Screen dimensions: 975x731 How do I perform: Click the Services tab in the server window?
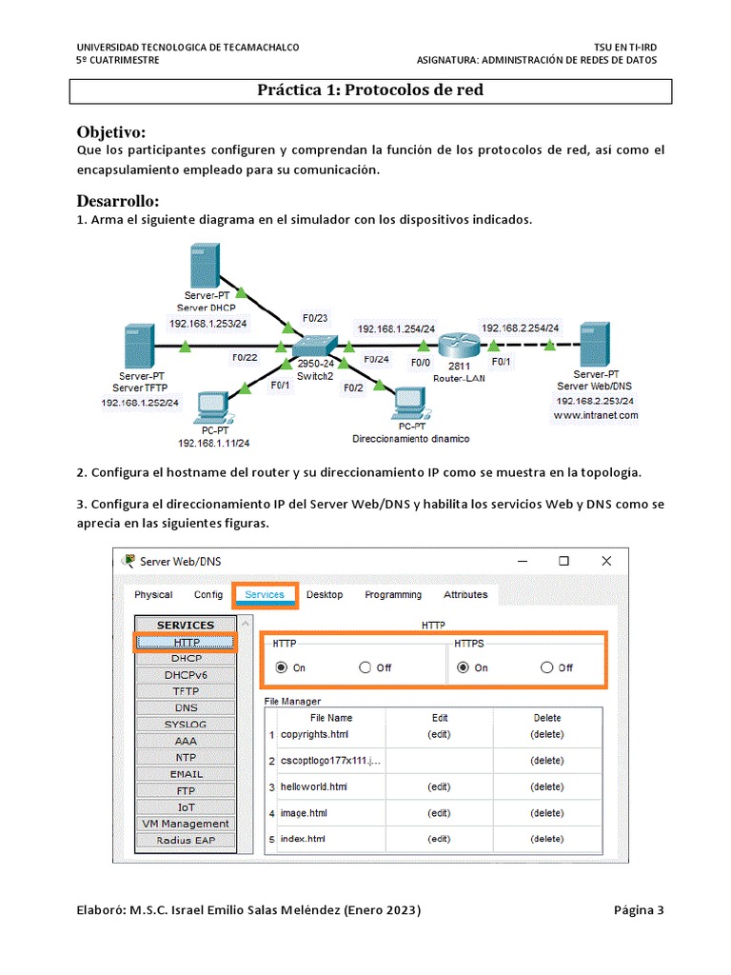coord(265,595)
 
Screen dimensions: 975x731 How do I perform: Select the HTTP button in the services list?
coord(187,643)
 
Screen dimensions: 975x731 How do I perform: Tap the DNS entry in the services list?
coord(187,707)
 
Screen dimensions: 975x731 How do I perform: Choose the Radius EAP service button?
coord(187,840)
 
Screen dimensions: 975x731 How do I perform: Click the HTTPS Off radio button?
coord(546,667)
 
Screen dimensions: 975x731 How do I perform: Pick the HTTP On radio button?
coord(281,667)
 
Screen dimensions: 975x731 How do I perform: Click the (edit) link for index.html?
coord(439,839)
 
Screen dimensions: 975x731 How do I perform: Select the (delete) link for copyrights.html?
coord(546,734)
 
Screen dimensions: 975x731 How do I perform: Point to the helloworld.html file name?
coord(313,787)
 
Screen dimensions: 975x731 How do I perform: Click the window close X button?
coord(606,561)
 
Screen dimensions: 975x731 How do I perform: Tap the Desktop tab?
coord(325,595)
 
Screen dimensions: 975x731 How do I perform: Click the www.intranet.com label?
coord(595,415)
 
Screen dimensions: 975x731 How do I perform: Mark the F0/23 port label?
coord(315,317)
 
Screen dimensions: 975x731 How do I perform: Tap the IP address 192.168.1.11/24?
coord(213,443)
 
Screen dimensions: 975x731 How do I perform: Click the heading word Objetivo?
coord(110,131)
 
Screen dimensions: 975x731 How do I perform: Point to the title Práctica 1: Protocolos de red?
coord(370,90)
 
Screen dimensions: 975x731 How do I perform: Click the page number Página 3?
coord(639,910)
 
